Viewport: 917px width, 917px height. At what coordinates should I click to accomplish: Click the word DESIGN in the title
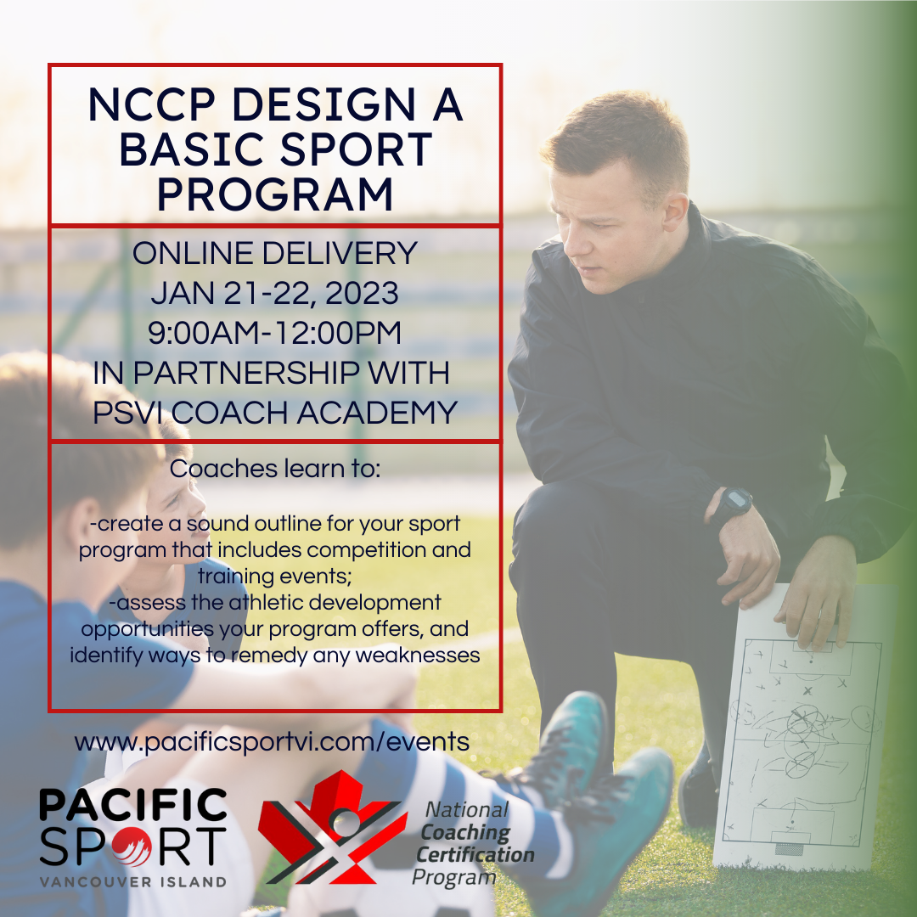324,104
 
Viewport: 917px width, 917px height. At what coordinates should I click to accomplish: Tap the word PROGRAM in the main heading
275,194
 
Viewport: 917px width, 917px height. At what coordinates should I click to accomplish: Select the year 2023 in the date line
362,292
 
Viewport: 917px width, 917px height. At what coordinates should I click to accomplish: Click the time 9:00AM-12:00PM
274,333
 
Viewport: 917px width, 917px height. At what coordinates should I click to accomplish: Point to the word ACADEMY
377,413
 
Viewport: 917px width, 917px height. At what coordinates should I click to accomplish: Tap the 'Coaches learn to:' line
275,469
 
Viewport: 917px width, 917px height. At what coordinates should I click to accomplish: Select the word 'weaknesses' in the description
418,655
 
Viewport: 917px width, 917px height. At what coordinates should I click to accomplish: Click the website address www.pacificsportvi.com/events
272,742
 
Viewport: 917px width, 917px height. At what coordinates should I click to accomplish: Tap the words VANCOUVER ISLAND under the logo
132,882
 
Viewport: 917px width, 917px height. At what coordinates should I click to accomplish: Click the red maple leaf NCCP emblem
332,827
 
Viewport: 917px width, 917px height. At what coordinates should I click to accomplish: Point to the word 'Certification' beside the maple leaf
475,854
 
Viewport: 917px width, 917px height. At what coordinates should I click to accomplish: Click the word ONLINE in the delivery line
193,253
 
